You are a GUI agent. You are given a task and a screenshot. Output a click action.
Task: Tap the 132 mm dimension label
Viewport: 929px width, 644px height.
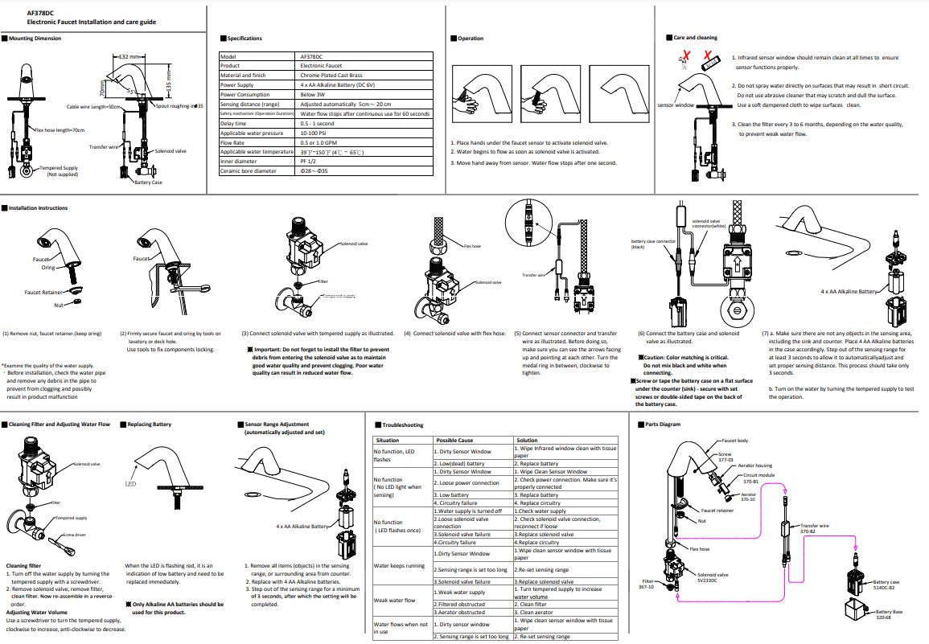click(129, 57)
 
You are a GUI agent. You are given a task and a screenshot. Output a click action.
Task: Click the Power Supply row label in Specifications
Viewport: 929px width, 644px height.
click(237, 84)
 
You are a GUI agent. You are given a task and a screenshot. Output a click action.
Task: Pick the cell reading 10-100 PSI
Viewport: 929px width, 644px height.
click(314, 133)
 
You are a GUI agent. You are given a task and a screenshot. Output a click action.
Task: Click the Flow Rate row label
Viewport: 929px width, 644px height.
click(235, 142)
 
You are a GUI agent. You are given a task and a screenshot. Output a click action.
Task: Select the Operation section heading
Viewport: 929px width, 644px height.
click(471, 39)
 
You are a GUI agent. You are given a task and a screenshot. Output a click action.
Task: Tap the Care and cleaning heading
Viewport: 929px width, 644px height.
click(695, 38)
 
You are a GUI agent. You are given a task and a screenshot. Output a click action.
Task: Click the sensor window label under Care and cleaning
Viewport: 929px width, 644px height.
click(675, 105)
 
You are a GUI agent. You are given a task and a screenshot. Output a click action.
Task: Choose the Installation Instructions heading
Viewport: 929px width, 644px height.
click(38, 208)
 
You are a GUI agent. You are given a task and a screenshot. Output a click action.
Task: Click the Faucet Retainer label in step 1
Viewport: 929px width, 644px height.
click(43, 293)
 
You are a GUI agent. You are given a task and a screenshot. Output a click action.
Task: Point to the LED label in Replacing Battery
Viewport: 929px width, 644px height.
click(130, 485)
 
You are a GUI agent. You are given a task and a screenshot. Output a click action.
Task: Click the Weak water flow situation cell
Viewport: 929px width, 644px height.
click(395, 600)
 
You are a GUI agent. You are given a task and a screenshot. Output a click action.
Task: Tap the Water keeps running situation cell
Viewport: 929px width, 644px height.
click(399, 565)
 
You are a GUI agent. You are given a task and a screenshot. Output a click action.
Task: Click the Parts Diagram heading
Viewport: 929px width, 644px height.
click(662, 425)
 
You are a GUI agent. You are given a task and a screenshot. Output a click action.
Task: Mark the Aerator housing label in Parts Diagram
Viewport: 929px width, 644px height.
click(756, 466)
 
